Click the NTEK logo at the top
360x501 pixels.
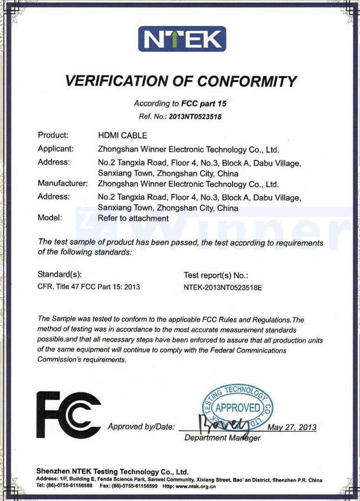182,39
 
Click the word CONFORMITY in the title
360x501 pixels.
247,81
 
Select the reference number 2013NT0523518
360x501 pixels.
195,117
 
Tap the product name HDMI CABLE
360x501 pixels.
122,136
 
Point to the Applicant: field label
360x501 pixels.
56,149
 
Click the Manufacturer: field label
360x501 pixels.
63,183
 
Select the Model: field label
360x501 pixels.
49,218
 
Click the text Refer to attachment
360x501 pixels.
133,218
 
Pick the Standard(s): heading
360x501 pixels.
60,274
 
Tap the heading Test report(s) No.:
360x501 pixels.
216,275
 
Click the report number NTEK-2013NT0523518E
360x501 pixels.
223,287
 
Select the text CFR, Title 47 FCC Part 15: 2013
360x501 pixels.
89,287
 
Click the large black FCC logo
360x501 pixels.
68,415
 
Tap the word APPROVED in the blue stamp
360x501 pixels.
237,408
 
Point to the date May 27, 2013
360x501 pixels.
292,427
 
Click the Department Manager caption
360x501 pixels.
222,438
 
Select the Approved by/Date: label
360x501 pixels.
141,427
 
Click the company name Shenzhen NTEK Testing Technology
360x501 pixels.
112,471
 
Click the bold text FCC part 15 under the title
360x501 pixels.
204,104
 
